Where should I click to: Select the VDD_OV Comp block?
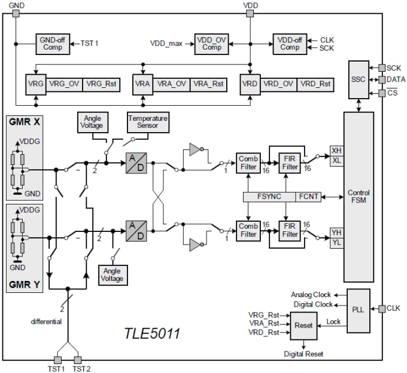coord(211,44)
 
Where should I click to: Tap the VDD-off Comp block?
coord(290,44)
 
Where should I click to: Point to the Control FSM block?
coord(359,197)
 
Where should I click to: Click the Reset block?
coord(303,325)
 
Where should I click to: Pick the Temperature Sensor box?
coord(147,123)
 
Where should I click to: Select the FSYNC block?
coord(269,197)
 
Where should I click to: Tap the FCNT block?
coord(308,197)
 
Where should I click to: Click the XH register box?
coord(336,152)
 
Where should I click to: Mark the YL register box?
coord(336,243)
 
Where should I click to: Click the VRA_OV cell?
coord(172,84)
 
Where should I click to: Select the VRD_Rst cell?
coord(315,84)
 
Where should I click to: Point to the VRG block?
coord(35,84)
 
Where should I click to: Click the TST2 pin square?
coord(77,360)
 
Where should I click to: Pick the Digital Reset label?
coord(303,354)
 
